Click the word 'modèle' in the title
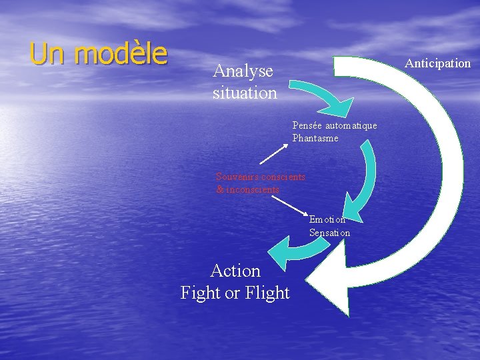[121, 54]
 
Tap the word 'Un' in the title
[49, 54]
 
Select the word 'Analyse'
[243, 71]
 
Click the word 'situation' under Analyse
[245, 93]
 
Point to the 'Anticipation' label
[438, 63]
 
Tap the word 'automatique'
[353, 125]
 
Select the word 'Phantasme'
[315, 138]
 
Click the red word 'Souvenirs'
[237, 177]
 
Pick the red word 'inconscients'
[253, 189]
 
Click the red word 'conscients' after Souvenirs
[283, 177]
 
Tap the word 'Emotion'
[327, 219]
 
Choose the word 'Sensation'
[329, 233]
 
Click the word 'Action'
[235, 271]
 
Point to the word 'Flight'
[267, 293]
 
